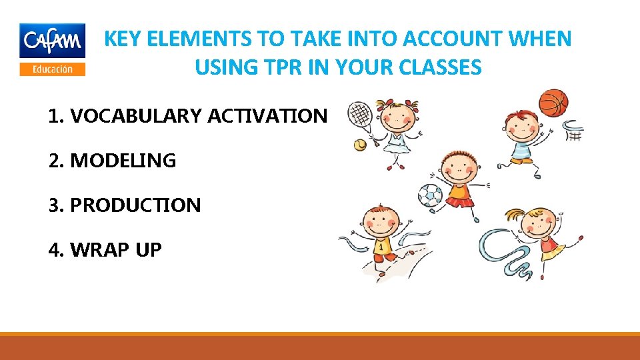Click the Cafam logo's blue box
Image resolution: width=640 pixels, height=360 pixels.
[52, 41]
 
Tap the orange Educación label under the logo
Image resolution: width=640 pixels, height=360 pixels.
[52, 69]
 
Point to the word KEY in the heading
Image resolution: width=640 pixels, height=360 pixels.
[123, 39]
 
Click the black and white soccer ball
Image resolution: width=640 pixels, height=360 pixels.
[430, 195]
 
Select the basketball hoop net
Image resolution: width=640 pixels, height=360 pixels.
[574, 131]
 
